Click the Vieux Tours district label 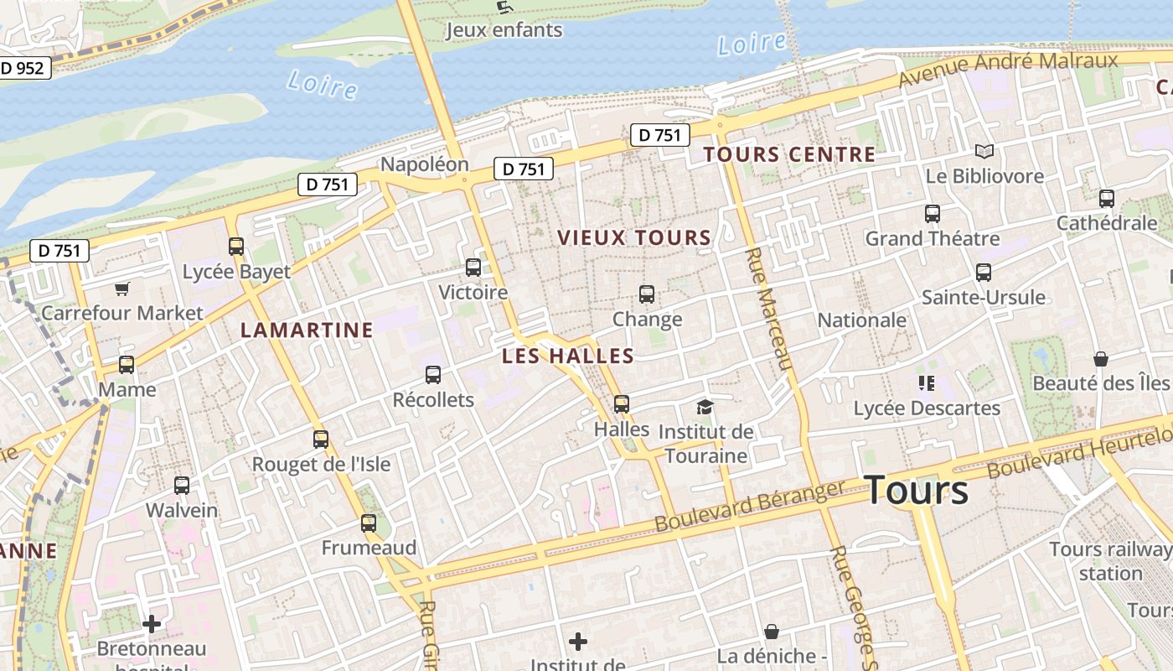[x=634, y=238]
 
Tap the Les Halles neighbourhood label [x=568, y=356]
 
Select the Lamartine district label [x=307, y=330]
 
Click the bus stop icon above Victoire [x=473, y=268]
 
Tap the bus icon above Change [x=647, y=294]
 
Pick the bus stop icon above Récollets [x=433, y=375]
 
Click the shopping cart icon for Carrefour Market [x=122, y=289]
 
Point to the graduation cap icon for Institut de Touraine [x=705, y=408]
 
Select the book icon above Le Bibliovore [x=984, y=152]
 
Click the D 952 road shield [x=23, y=68]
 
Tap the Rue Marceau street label [x=767, y=309]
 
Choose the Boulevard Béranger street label [x=750, y=507]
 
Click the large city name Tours [x=916, y=490]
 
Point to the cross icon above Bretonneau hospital [x=152, y=624]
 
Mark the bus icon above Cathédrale [x=1106, y=199]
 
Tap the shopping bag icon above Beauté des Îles [x=1101, y=359]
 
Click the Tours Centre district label [x=789, y=154]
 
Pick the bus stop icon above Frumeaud [x=369, y=523]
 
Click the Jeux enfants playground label [x=504, y=30]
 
